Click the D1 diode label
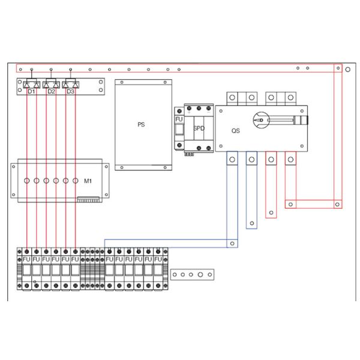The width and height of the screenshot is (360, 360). [x=31, y=92]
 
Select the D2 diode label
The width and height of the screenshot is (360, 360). [x=51, y=92]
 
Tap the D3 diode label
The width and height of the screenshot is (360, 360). [x=71, y=92]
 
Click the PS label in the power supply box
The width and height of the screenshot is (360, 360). [x=141, y=125]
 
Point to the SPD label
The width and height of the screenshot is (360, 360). [x=199, y=128]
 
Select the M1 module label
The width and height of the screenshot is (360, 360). [x=88, y=181]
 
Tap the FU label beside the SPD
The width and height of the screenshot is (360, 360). [x=178, y=119]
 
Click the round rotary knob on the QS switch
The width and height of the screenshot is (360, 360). [x=260, y=120]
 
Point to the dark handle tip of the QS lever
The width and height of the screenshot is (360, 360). [x=305, y=121]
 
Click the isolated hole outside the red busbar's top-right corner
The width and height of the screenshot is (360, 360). [x=349, y=69]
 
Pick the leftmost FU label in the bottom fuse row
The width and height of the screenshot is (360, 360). [x=27, y=259]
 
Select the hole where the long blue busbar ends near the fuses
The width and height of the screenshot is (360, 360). [x=232, y=243]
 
